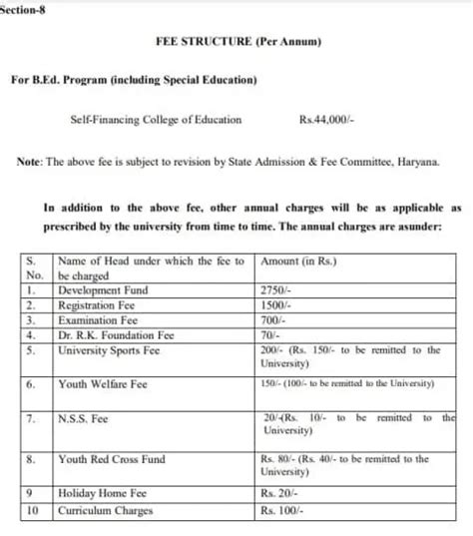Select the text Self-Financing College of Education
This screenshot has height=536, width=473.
(156, 120)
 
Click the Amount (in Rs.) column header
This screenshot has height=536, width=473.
(298, 262)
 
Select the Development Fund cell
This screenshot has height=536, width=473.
(104, 289)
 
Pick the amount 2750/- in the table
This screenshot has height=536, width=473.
(275, 289)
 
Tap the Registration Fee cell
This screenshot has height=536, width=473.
(99, 304)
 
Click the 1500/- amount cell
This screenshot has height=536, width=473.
(275, 304)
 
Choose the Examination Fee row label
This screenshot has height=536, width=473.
(99, 319)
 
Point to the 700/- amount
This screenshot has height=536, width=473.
(272, 319)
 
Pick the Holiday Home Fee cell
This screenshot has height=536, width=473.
(99, 494)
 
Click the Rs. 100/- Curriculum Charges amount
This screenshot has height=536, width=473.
(283, 510)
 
